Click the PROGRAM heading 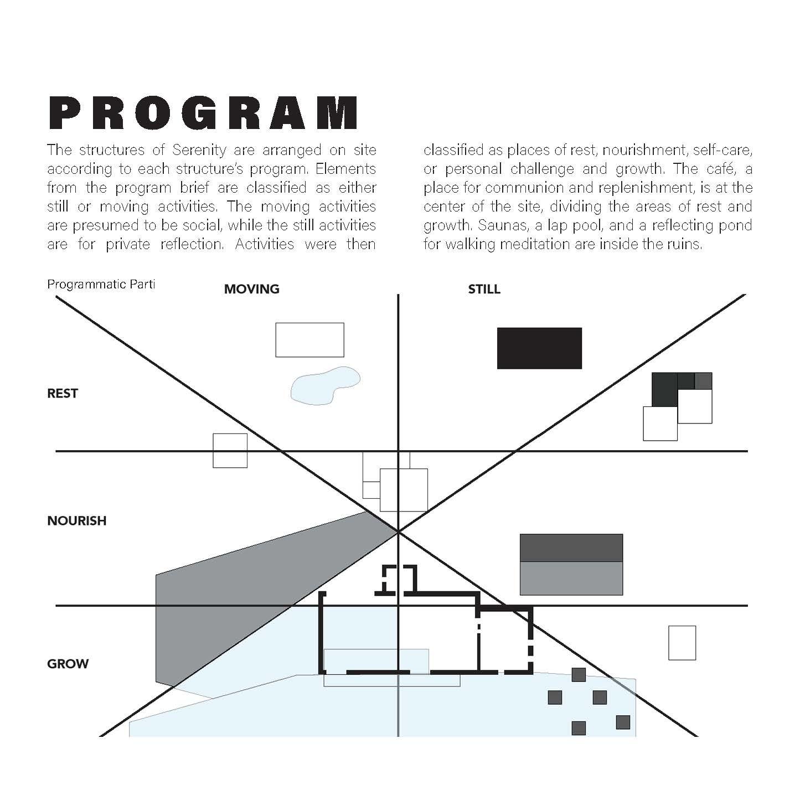click(203, 113)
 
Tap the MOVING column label click(251, 289)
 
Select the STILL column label click(484, 289)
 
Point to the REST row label click(63, 394)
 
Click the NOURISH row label click(76, 521)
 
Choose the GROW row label click(68, 664)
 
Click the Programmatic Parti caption click(101, 285)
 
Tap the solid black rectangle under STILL click(539, 348)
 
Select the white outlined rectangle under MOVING click(309, 340)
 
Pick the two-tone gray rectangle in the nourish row click(571, 564)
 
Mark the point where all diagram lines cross click(398, 531)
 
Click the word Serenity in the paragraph click(199, 150)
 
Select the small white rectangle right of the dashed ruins click(682, 643)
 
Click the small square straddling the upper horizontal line click(230, 451)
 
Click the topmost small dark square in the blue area click(579, 675)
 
